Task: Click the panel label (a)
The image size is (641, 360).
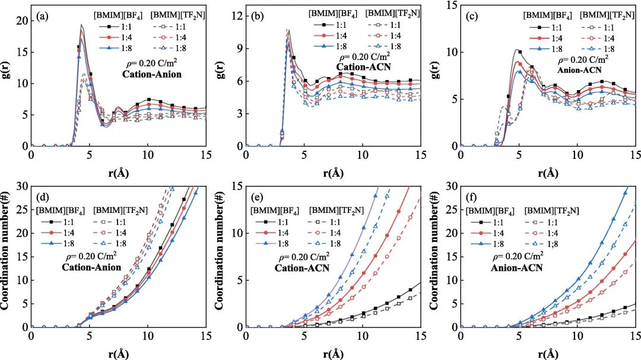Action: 43,17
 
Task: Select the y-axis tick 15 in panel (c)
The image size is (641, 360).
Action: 451,5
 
